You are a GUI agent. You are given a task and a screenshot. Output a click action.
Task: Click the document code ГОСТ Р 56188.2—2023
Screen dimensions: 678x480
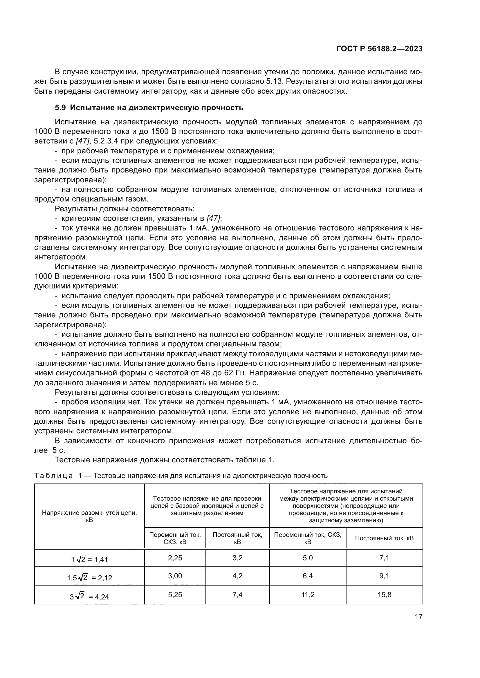(379, 49)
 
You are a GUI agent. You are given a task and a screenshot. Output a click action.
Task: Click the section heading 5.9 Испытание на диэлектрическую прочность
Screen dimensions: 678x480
(149, 108)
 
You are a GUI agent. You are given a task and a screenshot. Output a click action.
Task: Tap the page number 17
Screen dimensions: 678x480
(418, 617)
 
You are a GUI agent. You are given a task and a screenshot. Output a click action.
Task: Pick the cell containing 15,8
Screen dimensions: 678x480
(384, 595)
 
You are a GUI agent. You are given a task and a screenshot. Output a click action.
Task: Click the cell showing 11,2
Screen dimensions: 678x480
(308, 595)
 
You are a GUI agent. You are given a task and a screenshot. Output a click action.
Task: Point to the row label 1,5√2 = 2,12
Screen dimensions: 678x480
(90, 578)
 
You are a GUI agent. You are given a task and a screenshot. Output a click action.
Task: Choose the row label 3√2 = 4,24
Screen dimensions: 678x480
(90, 597)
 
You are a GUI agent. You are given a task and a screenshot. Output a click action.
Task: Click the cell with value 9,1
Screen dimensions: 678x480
(384, 576)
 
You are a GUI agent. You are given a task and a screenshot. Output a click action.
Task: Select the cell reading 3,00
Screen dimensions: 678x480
(175, 576)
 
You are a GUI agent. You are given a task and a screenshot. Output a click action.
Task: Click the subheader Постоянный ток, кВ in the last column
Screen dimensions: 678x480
(384, 538)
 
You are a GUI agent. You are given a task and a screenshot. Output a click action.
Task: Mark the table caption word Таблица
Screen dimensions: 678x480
(53, 476)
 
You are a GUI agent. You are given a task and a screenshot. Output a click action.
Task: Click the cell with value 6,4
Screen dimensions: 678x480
(308, 576)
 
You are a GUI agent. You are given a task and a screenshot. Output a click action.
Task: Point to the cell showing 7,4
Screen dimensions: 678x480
(237, 595)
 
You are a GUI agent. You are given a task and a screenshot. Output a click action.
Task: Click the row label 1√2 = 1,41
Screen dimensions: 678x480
(90, 559)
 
